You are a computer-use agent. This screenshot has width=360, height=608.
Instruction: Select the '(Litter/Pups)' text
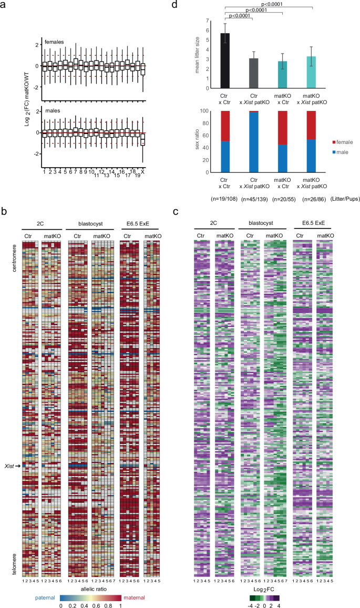[x=341, y=200]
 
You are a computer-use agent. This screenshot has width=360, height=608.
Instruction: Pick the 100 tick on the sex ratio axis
[x=210, y=111]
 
